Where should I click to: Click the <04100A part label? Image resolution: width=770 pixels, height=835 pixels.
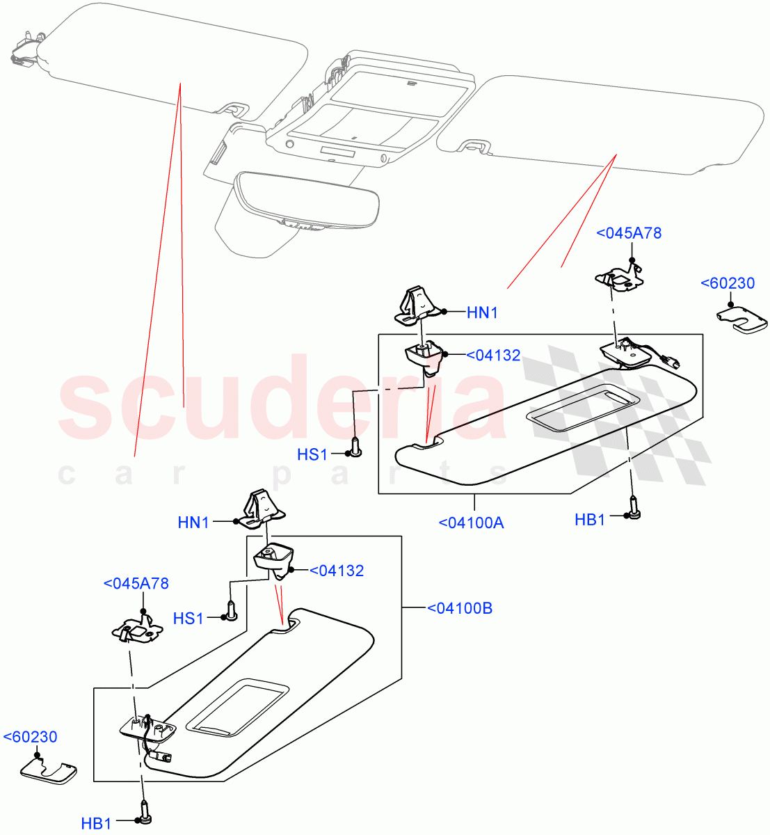tap(471, 523)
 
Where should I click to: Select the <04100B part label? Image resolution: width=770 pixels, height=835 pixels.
tap(459, 608)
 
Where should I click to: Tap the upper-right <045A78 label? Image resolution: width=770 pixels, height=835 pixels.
tap(629, 233)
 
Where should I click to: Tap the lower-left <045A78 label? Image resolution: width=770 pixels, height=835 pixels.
tap(136, 583)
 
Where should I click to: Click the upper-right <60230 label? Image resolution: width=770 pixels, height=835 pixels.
tap(727, 283)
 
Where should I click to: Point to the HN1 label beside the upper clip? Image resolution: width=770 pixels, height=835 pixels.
tap(482, 313)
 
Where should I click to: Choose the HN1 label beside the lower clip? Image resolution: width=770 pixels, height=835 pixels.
tap(193, 523)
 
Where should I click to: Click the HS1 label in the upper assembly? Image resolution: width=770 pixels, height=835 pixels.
tap(312, 455)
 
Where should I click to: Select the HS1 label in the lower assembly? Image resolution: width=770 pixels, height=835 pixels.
tap(188, 618)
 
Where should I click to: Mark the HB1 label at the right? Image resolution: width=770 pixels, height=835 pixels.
tap(590, 520)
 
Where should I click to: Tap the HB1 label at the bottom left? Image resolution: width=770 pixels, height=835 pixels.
tap(96, 825)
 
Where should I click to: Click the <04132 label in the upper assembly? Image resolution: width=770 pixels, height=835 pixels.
tap(492, 356)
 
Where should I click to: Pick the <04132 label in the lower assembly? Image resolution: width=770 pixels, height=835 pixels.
tap(336, 571)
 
